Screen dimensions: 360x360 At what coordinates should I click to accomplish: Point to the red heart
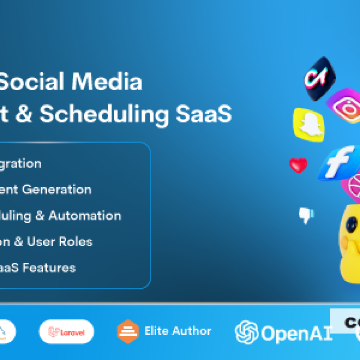click(298, 165)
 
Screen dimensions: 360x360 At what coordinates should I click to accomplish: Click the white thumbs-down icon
click(306, 215)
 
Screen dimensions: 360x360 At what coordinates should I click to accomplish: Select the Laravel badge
click(66, 332)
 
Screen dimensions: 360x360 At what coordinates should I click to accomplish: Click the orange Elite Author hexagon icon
click(128, 332)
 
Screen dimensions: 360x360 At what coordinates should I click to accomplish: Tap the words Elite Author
click(178, 331)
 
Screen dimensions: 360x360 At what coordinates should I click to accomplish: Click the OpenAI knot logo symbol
click(247, 332)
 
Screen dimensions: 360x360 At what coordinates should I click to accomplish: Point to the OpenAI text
click(297, 333)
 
